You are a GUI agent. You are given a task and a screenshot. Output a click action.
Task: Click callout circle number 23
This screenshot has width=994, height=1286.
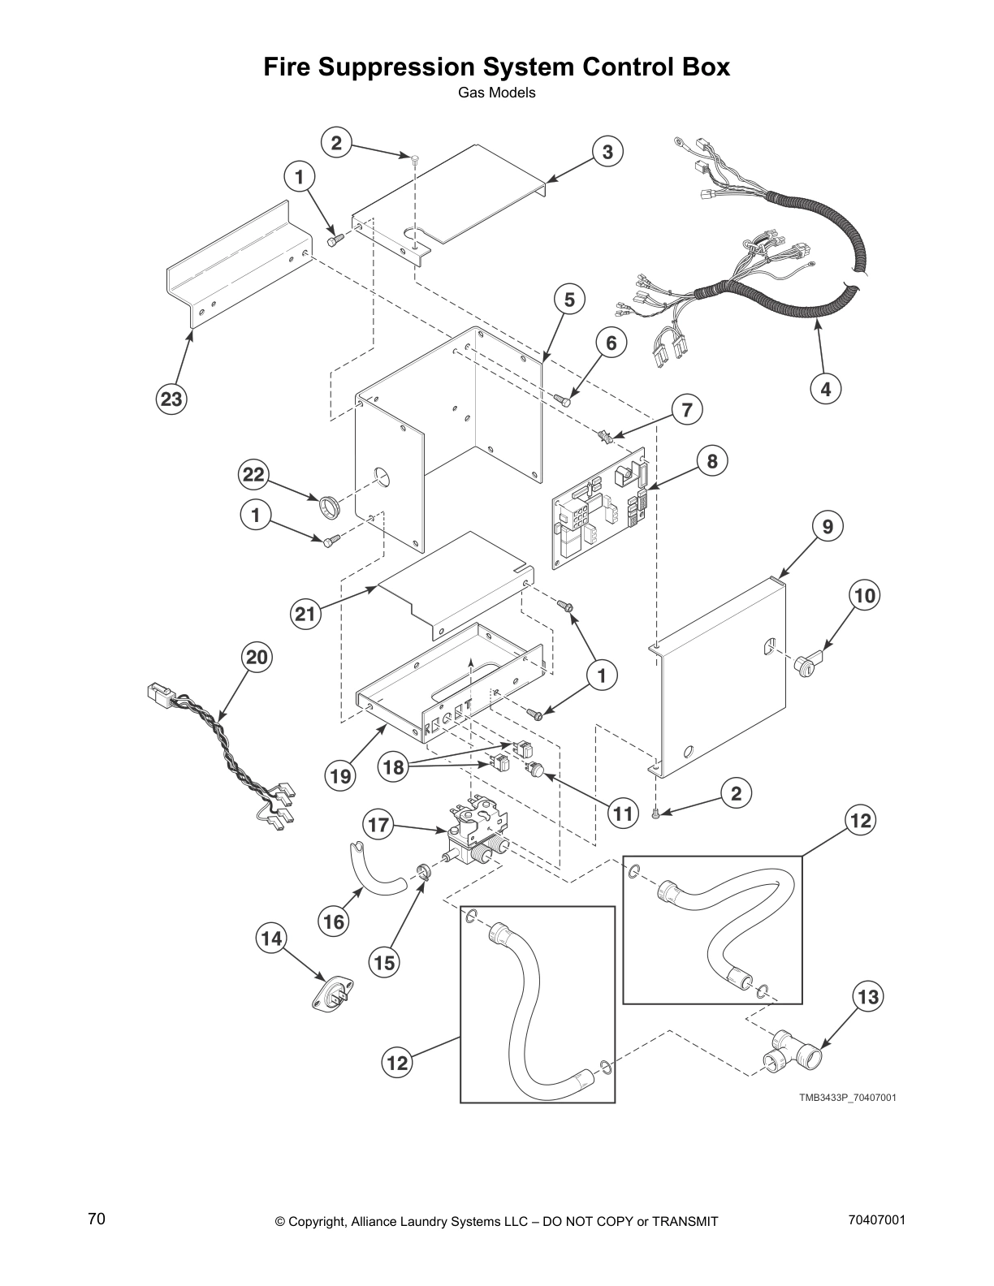click(171, 399)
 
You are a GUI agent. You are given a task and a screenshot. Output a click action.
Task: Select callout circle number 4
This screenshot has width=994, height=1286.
click(826, 389)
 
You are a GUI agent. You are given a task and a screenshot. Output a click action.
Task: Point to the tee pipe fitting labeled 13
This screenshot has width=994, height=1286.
click(793, 1055)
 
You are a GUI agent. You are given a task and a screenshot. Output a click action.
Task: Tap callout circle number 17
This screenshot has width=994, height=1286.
click(378, 826)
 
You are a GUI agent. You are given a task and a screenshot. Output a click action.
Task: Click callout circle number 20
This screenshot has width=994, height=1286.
click(257, 657)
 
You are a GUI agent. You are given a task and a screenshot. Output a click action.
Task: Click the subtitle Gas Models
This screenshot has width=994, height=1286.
click(496, 93)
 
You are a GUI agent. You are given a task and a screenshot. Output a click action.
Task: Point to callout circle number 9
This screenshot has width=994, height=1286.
click(827, 527)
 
